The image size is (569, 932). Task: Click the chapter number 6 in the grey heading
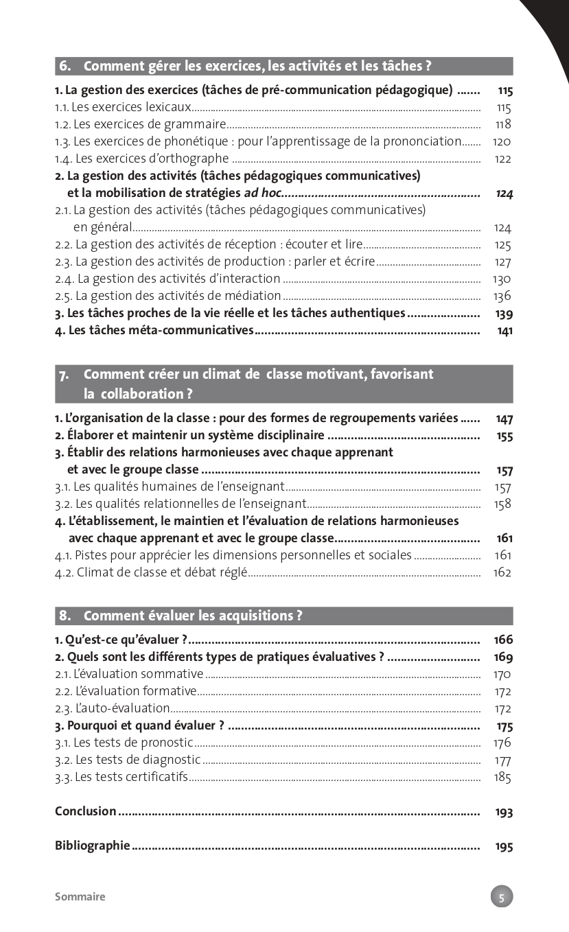click(x=65, y=67)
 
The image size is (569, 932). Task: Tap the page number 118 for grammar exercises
click(x=503, y=124)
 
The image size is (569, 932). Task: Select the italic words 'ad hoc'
click(x=263, y=193)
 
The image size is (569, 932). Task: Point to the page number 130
click(x=502, y=279)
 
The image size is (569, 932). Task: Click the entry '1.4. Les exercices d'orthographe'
click(x=141, y=159)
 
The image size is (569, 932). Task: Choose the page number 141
click(x=504, y=331)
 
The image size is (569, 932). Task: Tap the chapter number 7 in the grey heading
click(x=64, y=375)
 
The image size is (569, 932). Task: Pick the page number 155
click(x=504, y=436)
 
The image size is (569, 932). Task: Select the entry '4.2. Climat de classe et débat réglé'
click(x=150, y=572)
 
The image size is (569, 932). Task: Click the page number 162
click(x=502, y=572)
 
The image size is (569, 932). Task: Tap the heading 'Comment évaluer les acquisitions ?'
click(x=192, y=616)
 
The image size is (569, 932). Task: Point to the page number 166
click(x=503, y=640)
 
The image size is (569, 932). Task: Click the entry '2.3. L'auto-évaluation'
click(x=113, y=708)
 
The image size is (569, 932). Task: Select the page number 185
click(x=502, y=777)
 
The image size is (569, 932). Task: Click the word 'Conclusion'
click(x=86, y=811)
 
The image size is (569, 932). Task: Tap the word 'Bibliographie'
click(x=93, y=846)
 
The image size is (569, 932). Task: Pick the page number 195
click(x=504, y=846)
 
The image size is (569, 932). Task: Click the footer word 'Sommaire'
click(x=80, y=896)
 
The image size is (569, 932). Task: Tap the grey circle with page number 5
click(x=502, y=896)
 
